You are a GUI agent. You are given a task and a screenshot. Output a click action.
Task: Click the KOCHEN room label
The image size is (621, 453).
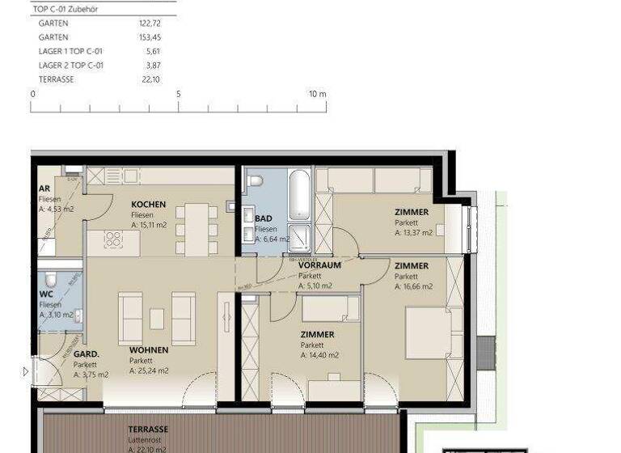coord(148,205)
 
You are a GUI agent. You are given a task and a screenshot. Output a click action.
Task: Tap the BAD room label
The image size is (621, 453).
coord(263,218)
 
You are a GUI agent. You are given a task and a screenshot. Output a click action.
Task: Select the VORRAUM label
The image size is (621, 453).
coord(319,265)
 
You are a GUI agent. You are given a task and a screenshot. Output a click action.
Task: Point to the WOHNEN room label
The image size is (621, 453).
coord(149,350)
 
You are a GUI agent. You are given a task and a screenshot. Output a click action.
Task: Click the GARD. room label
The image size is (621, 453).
coord(87,354)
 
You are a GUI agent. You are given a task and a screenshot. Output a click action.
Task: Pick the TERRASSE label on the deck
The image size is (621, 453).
coord(148,429)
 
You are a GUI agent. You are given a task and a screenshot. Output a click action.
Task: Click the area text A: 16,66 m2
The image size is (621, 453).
coord(413,286)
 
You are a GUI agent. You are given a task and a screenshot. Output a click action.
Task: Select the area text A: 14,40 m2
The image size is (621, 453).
coord(319,355)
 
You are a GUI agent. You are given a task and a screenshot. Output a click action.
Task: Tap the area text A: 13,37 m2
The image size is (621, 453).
coord(413,233)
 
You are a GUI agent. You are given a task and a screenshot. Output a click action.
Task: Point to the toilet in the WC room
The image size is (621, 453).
coord(51,280)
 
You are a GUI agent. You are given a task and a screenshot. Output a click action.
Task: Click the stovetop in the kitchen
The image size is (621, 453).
coord(113,239)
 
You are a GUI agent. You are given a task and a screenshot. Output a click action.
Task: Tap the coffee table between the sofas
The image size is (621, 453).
coord(157,318)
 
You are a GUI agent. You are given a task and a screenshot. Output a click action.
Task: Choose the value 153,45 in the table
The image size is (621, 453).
coord(150,37)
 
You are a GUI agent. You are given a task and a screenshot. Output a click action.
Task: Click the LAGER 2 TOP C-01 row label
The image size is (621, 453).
coord(71,66)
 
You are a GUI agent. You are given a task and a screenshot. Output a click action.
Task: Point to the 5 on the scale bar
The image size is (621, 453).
coord(179,94)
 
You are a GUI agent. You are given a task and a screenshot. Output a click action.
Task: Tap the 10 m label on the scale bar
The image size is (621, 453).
coord(317,94)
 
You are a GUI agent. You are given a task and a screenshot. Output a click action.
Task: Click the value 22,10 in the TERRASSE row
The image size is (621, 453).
coord(150,79)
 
